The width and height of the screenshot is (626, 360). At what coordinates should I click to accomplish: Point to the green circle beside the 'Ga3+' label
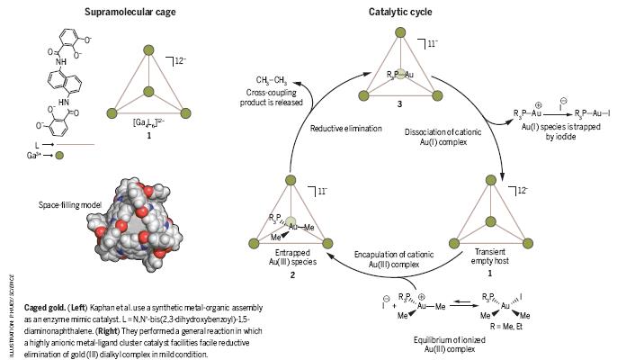[58, 154]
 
